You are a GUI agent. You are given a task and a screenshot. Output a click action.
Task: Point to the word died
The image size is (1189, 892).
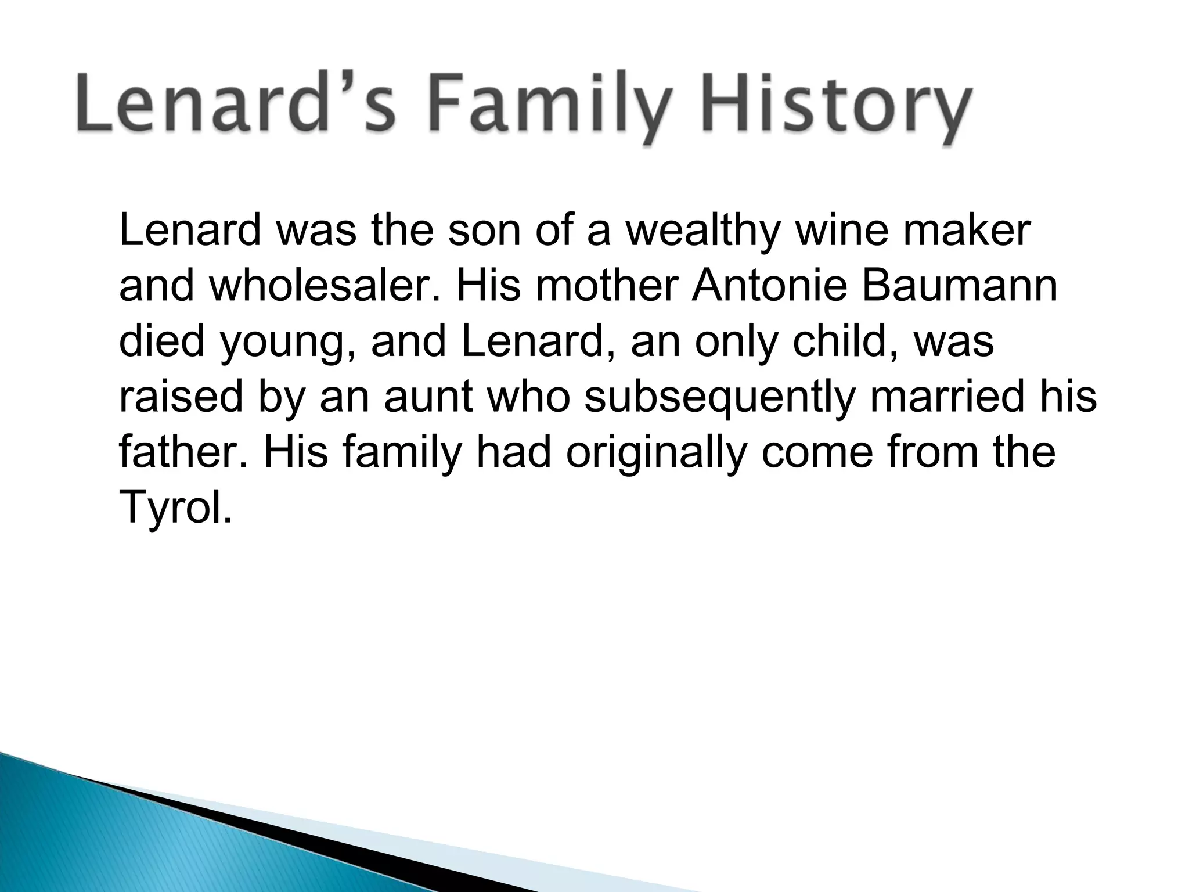click(162, 341)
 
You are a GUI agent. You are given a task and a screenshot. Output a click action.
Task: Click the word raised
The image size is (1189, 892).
click(181, 397)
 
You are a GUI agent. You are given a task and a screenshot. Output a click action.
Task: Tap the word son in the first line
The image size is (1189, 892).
click(485, 231)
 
